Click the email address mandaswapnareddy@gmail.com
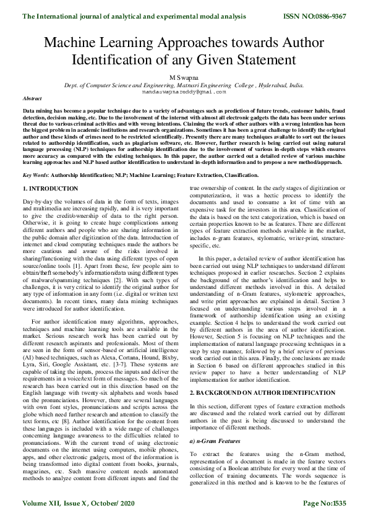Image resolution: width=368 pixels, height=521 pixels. pyautogui.click(x=184, y=91)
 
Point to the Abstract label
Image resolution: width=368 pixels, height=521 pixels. pyautogui.click(x=32, y=98)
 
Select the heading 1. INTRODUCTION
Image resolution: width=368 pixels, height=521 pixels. pyautogui.click(x=50, y=187)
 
